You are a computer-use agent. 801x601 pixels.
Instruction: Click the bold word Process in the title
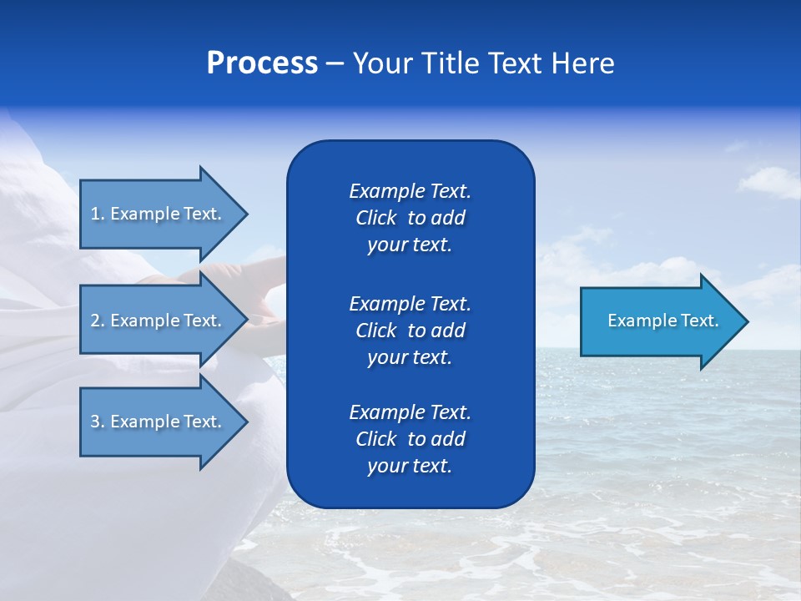pyautogui.click(x=262, y=63)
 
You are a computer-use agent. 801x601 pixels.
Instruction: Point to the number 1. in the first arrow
pyautogui.click(x=97, y=214)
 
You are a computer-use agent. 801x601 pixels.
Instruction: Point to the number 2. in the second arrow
pyautogui.click(x=97, y=321)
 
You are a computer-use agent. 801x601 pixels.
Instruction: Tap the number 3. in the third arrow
pyautogui.click(x=97, y=422)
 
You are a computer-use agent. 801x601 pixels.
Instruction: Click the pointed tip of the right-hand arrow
pyautogui.click(x=744, y=321)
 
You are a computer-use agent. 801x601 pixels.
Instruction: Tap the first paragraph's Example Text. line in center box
pyautogui.click(x=410, y=191)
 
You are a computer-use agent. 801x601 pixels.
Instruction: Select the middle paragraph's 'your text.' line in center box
pyautogui.click(x=410, y=357)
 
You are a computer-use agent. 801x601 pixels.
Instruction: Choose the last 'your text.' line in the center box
pyautogui.click(x=410, y=467)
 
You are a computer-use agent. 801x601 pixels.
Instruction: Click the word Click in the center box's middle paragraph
pyautogui.click(x=376, y=331)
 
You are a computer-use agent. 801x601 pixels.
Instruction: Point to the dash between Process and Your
pyautogui.click(x=335, y=63)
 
